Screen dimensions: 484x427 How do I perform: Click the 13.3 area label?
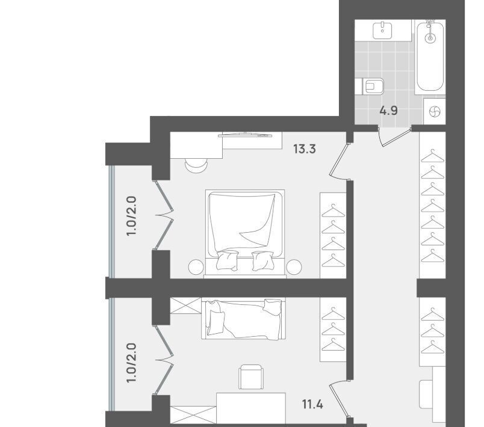pyautogui.click(x=305, y=149)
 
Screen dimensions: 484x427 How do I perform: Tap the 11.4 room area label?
pyautogui.click(x=312, y=404)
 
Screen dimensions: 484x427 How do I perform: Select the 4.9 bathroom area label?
pyautogui.click(x=388, y=111)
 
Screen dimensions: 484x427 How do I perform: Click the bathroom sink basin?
pyautogui.click(x=382, y=31)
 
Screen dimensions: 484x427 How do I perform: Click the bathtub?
pyautogui.click(x=430, y=56)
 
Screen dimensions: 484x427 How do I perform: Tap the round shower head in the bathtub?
pyautogui.click(x=430, y=38)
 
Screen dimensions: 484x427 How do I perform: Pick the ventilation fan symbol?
pyautogui.click(x=435, y=111)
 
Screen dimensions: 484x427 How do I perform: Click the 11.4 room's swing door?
pyautogui.click(x=338, y=399)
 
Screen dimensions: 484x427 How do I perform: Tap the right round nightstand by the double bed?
pyautogui.click(x=294, y=266)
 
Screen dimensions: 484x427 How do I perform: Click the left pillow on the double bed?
pyautogui.click(x=227, y=260)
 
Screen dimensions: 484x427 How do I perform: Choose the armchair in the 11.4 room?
pyautogui.click(x=251, y=376)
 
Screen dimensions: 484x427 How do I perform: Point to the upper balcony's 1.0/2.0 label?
pyautogui.click(x=131, y=216)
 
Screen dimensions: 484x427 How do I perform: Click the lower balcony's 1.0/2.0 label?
pyautogui.click(x=131, y=363)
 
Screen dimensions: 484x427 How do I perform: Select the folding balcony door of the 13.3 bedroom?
pyautogui.click(x=163, y=215)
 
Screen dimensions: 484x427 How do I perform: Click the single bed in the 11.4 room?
pyautogui.click(x=244, y=319)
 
